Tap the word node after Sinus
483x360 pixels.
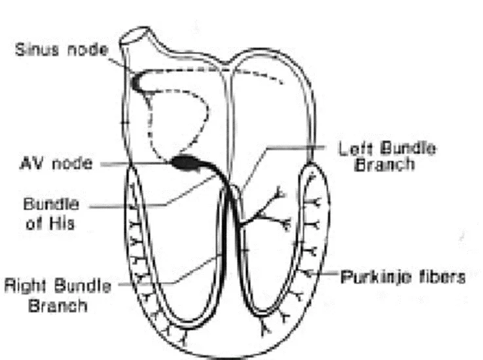[88, 50]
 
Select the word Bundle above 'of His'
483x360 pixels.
[51, 204]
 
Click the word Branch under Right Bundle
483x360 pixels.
[58, 306]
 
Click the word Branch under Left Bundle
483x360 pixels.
[384, 164]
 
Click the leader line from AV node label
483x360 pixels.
[135, 164]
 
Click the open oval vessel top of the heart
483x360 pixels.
[135, 35]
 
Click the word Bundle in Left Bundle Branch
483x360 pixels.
[408, 149]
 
